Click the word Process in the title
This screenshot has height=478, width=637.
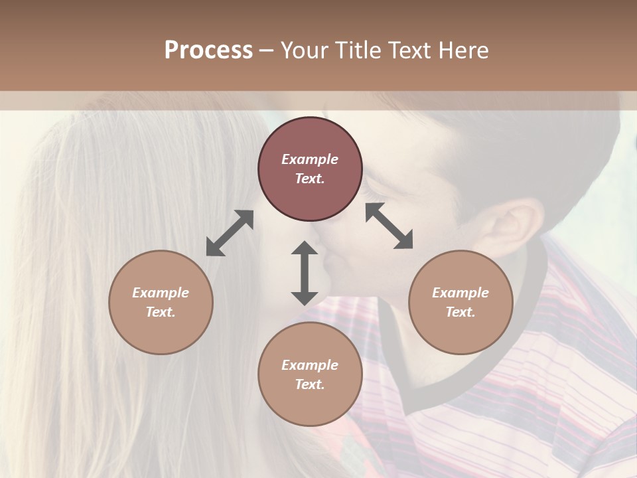click(208, 50)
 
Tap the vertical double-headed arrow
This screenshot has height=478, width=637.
click(305, 274)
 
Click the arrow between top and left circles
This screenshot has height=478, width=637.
click(230, 233)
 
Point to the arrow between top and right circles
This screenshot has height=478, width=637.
click(389, 226)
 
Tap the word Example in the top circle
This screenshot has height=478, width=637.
click(310, 159)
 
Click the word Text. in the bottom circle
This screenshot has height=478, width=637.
click(310, 384)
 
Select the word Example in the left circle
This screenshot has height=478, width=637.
click(161, 293)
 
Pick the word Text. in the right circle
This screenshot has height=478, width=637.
click(460, 312)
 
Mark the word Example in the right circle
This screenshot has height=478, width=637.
click(460, 293)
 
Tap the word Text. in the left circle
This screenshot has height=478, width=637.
click(161, 312)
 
